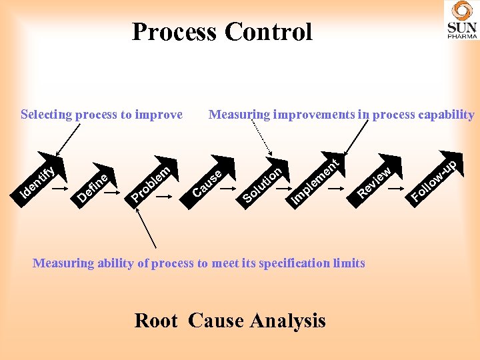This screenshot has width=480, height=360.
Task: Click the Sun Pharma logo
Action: click(461, 21)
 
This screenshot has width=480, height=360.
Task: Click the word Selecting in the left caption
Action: click(46, 115)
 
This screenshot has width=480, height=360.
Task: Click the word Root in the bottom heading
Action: click(156, 321)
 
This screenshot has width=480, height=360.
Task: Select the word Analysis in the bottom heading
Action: click(288, 321)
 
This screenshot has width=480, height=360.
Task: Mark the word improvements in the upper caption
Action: click(311, 115)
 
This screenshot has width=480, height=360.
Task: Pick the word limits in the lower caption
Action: click(349, 263)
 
